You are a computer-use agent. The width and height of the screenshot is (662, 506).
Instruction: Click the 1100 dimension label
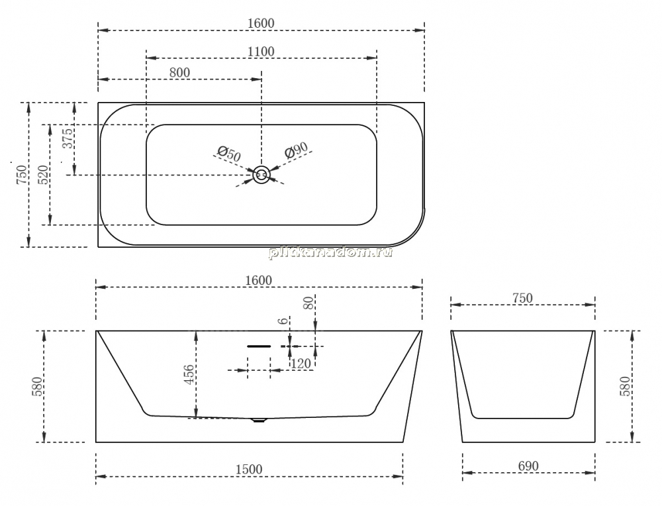click(261, 52)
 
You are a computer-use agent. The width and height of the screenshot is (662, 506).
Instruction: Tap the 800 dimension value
click(179, 73)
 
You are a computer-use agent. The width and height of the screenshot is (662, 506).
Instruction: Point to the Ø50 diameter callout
click(229, 153)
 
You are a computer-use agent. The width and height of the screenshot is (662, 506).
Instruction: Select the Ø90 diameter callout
click(296, 150)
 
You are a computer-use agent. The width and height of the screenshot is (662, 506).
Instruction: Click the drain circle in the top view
click(261, 174)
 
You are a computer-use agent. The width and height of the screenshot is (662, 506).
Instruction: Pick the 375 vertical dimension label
click(68, 138)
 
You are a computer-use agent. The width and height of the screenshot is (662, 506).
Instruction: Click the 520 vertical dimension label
click(44, 174)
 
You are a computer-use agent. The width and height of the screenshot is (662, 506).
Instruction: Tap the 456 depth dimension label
click(189, 374)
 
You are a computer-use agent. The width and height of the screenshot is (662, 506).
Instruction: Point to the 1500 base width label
click(249, 470)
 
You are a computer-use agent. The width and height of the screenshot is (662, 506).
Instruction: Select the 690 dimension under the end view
click(528, 466)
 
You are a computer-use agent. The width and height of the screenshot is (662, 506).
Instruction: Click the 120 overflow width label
click(301, 363)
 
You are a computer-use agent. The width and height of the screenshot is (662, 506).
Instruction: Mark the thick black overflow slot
click(259, 346)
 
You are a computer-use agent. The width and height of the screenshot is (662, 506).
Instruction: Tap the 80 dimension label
click(309, 303)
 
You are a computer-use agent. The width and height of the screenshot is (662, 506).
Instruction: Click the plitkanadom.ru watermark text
click(330, 252)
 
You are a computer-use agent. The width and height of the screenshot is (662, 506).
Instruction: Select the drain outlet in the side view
click(258, 421)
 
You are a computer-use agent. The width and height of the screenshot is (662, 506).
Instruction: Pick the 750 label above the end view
click(523, 298)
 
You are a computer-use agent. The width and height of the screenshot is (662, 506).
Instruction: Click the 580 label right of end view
click(626, 386)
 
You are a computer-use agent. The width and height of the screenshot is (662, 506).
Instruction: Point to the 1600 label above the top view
click(261, 23)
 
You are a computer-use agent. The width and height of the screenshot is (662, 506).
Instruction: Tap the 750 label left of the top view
click(22, 174)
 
